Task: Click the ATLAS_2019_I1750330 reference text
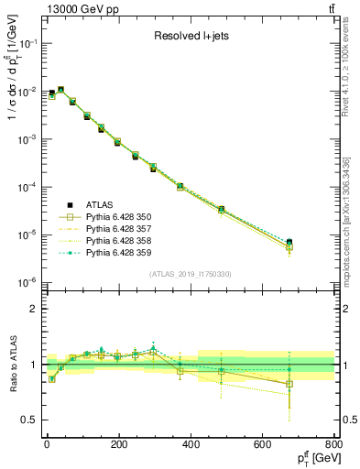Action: (190, 274)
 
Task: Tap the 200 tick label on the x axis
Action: (118, 445)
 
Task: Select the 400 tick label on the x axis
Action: (191, 445)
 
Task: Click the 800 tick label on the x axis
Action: (334, 445)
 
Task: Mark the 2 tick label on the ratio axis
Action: (33, 309)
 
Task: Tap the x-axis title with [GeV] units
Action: (311, 457)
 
